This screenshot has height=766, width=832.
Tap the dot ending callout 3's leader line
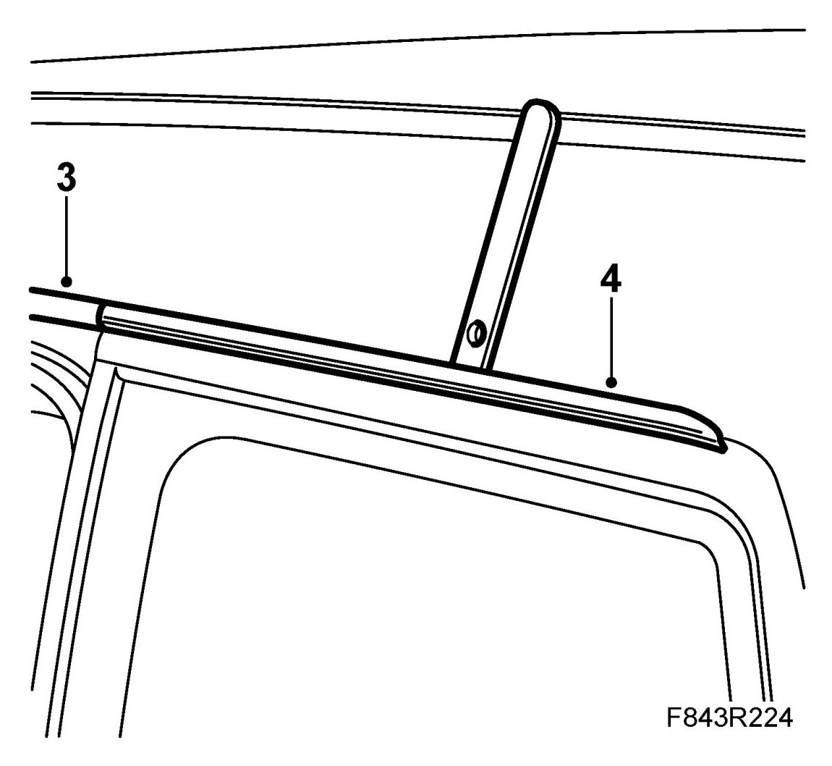(66, 281)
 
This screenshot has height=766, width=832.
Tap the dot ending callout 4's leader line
(611, 381)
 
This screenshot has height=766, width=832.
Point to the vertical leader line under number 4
(611, 337)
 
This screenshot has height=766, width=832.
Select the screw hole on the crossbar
(476, 333)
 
